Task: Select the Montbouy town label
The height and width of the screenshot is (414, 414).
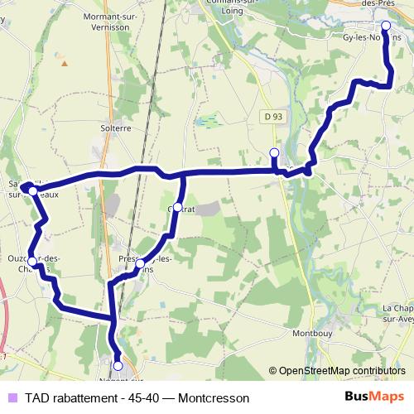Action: pyautogui.click(x=315, y=334)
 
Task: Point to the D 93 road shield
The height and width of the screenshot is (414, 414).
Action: pyautogui.click(x=276, y=116)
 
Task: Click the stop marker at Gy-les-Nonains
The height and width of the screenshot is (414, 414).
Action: pyautogui.click(x=386, y=25)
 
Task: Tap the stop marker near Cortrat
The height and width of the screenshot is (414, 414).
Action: pyautogui.click(x=177, y=207)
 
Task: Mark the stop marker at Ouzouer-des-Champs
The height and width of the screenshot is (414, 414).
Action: pyautogui.click(x=31, y=262)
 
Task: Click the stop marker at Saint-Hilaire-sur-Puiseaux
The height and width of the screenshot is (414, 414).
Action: pyautogui.click(x=32, y=190)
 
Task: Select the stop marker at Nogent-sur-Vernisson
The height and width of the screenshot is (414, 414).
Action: pyautogui.click(x=118, y=365)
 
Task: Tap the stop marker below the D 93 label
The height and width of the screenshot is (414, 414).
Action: pyautogui.click(x=274, y=152)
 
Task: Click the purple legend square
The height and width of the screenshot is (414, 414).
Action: pyautogui.click(x=11, y=397)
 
